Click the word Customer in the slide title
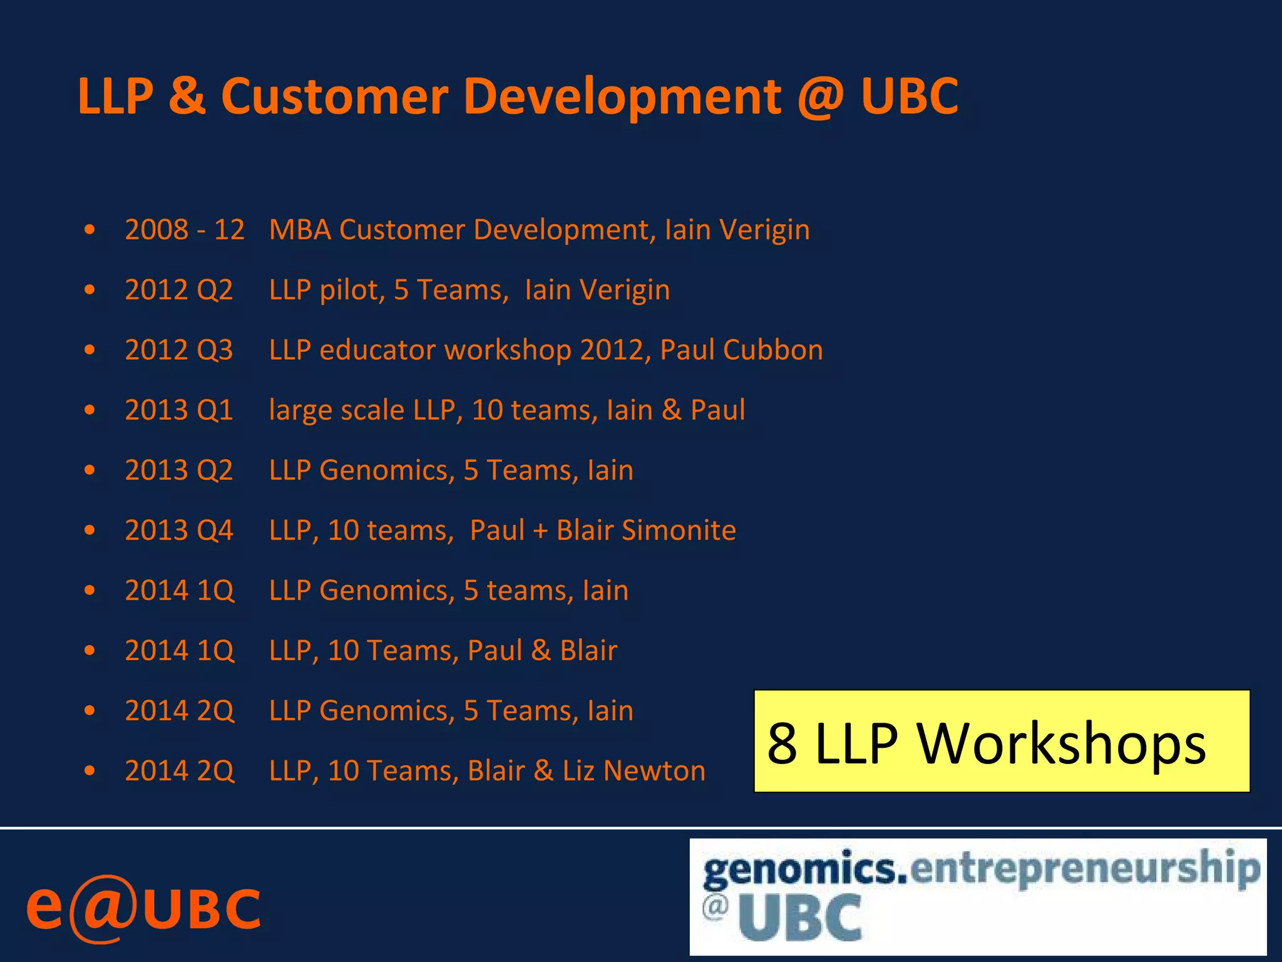(x=334, y=97)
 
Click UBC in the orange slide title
(x=909, y=97)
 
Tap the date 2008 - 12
(x=185, y=230)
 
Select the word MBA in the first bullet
(x=300, y=230)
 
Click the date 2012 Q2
(x=179, y=290)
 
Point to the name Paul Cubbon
(x=741, y=350)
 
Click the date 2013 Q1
(x=179, y=410)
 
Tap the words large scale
(x=336, y=410)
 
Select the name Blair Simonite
(x=646, y=530)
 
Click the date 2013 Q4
(x=179, y=530)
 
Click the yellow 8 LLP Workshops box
(x=1002, y=742)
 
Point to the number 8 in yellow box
(x=782, y=743)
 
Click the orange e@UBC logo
(x=143, y=908)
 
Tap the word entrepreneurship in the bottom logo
(x=1085, y=869)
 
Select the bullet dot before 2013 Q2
(x=90, y=470)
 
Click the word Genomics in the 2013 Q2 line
(x=387, y=470)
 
